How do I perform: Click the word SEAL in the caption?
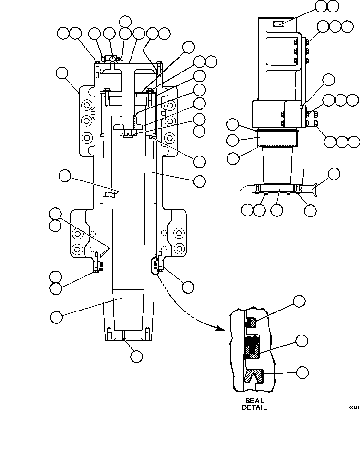click(254, 401)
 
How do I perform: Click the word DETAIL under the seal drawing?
click(254, 407)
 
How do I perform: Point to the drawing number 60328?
click(354, 407)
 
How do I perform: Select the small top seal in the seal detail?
click(251, 323)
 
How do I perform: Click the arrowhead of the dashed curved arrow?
click(220, 329)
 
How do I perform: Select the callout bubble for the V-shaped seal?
click(301, 372)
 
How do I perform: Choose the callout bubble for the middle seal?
click(301, 341)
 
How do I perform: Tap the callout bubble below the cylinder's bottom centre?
click(136, 356)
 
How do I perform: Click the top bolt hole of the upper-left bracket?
click(87, 105)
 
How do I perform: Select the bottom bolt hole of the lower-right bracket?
click(179, 249)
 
